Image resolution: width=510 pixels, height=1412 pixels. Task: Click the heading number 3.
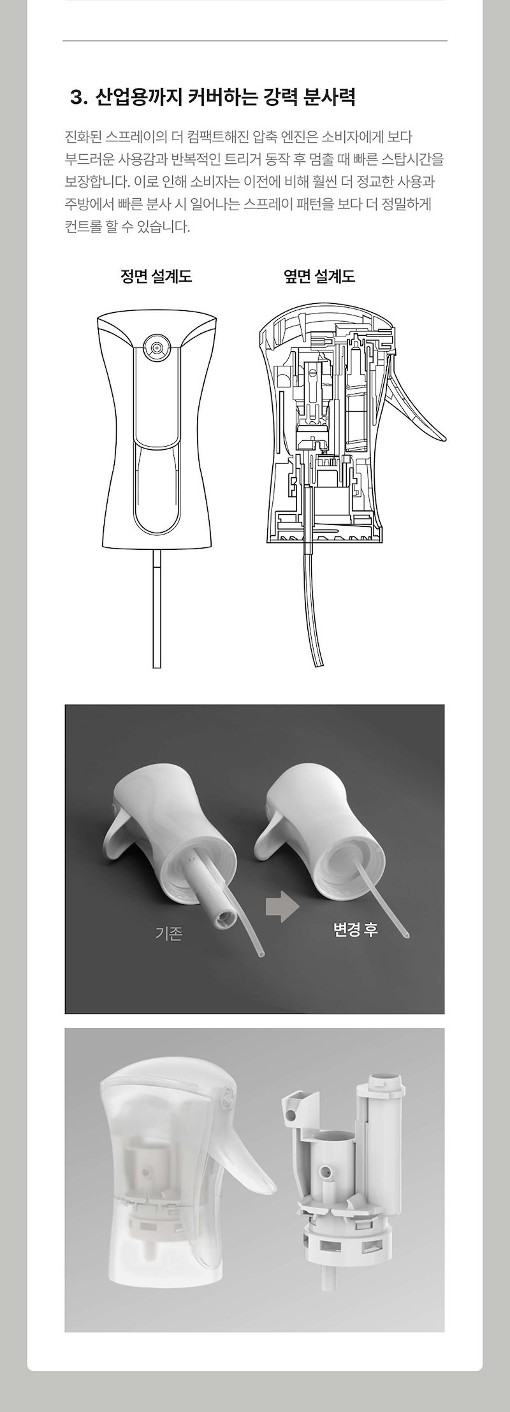click(78, 97)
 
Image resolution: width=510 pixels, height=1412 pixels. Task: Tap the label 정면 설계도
click(156, 277)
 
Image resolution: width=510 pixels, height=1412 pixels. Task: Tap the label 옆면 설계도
click(319, 277)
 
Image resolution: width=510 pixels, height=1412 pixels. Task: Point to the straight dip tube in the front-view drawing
click(157, 610)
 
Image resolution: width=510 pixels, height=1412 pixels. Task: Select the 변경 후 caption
click(356, 928)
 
